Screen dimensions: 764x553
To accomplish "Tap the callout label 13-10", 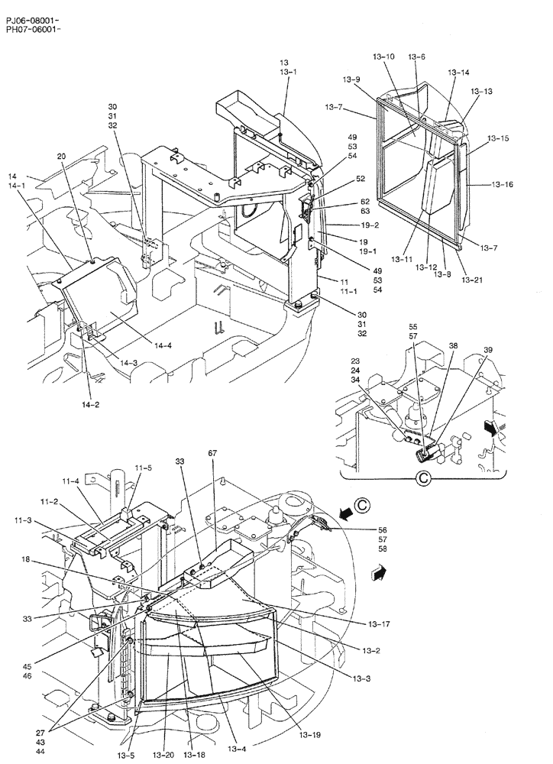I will (x=386, y=57).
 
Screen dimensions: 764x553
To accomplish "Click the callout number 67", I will (x=213, y=453).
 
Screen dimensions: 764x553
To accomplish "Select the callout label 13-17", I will (x=373, y=624).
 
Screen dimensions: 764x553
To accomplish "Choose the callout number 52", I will (x=339, y=179).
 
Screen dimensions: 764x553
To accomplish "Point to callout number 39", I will (x=488, y=349).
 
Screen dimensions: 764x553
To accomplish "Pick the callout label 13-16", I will (x=503, y=185).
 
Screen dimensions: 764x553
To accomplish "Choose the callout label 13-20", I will (x=163, y=756).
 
